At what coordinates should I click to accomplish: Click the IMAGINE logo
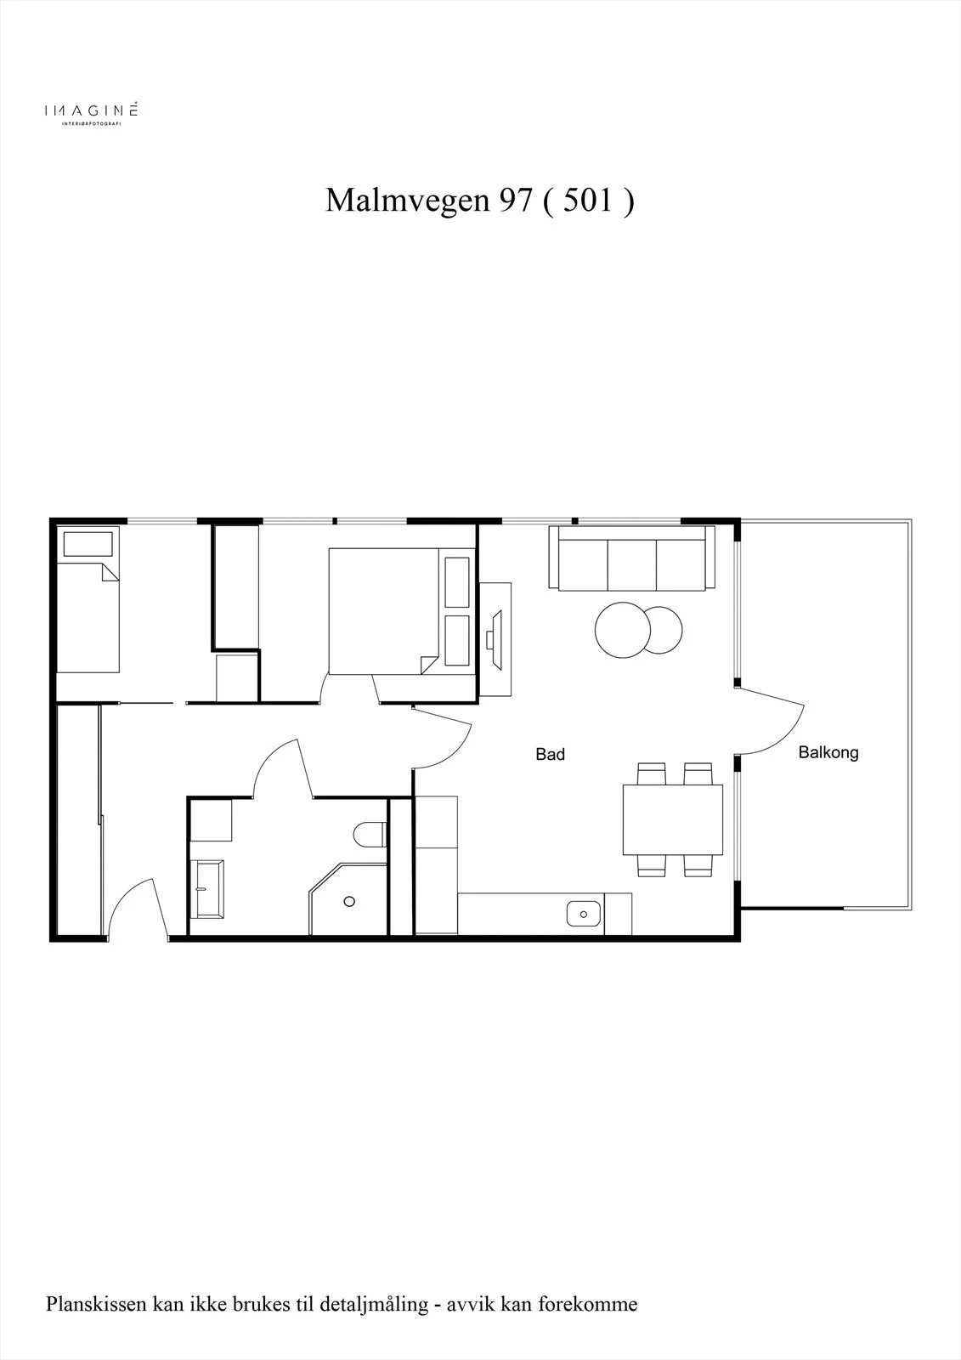(91, 112)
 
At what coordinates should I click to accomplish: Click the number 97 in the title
(516, 200)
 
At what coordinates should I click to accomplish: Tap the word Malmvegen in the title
(407, 201)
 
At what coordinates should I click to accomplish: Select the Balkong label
(828, 753)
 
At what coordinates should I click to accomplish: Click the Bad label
(550, 754)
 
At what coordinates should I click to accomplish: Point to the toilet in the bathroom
(370, 834)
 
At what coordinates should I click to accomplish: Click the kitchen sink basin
(584, 914)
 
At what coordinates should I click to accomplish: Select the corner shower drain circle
(349, 902)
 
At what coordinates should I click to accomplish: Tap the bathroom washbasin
(207, 889)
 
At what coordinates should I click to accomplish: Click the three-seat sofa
(632, 558)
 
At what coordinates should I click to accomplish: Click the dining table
(673, 819)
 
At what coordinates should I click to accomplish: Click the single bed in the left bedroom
(88, 617)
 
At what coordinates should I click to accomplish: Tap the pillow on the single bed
(88, 544)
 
